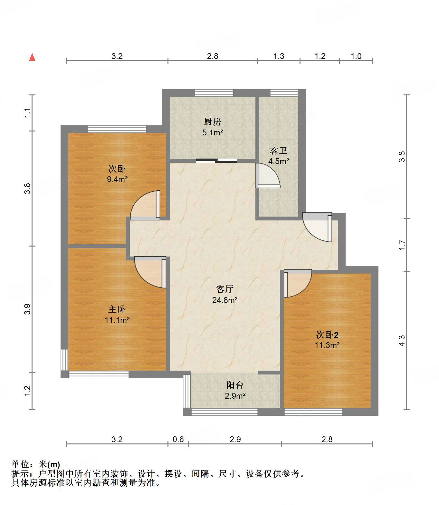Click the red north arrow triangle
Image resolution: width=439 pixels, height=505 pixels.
(x=32, y=57)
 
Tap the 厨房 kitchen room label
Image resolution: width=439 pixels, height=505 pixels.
(x=213, y=122)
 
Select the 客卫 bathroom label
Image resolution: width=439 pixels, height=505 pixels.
(x=279, y=151)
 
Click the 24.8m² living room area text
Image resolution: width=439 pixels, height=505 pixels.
(x=225, y=300)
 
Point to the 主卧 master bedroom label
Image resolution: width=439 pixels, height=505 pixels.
(x=117, y=309)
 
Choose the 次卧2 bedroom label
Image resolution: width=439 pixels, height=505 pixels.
(x=327, y=335)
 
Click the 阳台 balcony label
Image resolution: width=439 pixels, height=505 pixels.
(x=235, y=385)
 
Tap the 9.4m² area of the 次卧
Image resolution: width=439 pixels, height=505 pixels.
(x=117, y=179)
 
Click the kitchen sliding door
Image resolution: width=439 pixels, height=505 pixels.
(x=216, y=160)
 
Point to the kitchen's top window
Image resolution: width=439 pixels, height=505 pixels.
(x=214, y=93)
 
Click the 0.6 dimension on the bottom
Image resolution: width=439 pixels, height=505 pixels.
(x=178, y=439)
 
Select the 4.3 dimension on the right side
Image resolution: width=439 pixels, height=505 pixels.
(x=402, y=341)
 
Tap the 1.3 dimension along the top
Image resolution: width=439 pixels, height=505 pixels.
(x=279, y=56)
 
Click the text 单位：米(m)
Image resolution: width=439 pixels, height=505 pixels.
(x=36, y=464)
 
